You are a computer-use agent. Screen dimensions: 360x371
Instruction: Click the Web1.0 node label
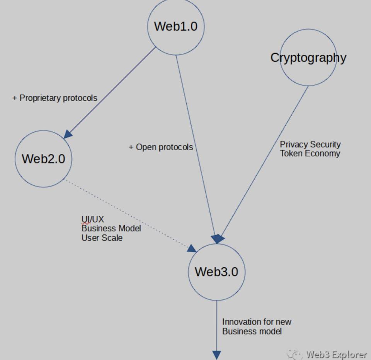coord(175,26)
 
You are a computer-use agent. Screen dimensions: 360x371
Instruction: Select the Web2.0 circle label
coord(43,158)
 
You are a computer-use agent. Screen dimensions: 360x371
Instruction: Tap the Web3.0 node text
coord(216,272)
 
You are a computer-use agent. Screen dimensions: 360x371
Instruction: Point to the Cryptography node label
coord(308,58)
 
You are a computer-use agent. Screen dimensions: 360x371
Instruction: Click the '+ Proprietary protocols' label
coord(54,98)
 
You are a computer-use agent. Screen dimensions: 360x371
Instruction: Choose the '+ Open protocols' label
coord(161,147)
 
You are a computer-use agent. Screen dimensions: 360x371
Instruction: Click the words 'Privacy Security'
coord(310,144)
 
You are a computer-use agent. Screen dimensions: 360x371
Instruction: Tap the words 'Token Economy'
coord(310,153)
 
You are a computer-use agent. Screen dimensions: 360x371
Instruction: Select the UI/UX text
coord(93,219)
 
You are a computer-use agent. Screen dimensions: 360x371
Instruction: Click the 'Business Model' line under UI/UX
coord(111,228)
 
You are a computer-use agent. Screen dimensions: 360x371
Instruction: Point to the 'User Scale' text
coord(102,238)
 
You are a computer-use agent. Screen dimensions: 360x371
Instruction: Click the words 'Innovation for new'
coord(257,322)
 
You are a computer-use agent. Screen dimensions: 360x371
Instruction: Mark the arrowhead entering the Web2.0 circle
coord(68,134)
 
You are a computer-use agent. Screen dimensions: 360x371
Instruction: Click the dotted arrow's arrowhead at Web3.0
coord(192,248)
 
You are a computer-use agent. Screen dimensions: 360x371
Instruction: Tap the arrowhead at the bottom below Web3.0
coord(216,355)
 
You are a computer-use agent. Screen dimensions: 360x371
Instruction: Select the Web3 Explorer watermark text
coord(336,354)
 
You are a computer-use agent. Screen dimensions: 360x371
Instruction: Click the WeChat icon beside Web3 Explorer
coord(295,354)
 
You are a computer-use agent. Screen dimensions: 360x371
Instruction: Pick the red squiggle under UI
coord(86,223)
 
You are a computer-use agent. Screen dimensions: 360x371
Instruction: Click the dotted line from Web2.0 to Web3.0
coord(128,214)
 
